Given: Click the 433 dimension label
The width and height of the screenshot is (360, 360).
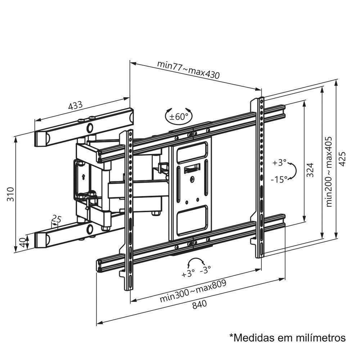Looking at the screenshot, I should (75, 105).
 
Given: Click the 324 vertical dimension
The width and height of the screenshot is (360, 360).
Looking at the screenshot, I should (310, 171).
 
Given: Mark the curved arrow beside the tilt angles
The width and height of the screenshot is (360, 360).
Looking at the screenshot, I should (294, 170).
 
